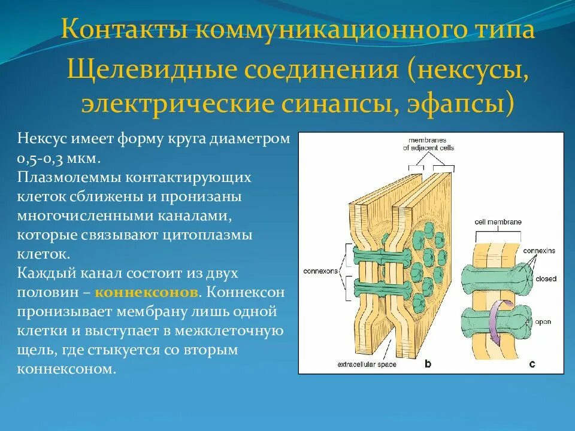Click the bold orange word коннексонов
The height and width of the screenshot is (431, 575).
click(x=146, y=293)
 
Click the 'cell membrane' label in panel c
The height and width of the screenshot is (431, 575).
click(x=498, y=221)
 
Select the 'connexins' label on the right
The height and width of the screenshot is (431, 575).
click(x=537, y=250)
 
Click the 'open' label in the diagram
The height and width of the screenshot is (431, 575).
click(x=543, y=321)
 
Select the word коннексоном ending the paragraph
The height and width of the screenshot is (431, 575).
click(x=65, y=369)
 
